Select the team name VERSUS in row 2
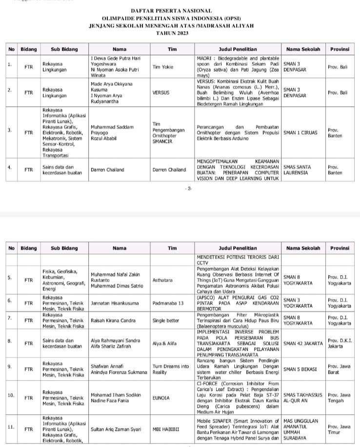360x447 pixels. click(161, 92)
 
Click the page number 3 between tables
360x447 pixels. click(189, 188)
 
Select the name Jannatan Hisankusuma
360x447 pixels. click(116, 303)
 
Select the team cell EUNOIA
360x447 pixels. click(161, 398)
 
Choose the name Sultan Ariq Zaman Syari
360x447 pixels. click(117, 429)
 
